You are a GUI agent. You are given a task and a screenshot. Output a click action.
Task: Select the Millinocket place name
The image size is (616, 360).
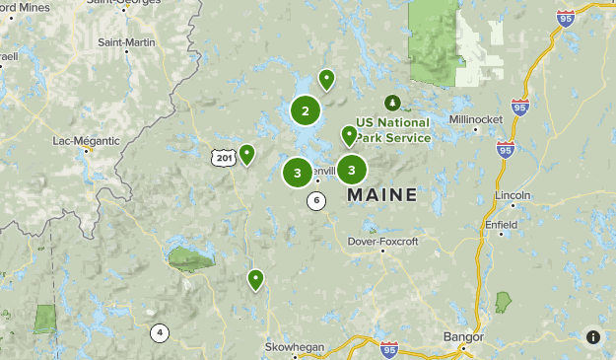(476, 119)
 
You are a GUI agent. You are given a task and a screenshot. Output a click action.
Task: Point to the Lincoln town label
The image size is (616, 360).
(513, 193)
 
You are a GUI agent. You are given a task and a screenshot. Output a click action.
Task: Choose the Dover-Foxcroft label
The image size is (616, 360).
(383, 242)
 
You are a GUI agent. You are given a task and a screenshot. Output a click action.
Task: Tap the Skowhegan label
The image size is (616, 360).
(295, 347)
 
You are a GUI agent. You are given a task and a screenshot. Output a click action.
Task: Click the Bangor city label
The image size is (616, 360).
(463, 336)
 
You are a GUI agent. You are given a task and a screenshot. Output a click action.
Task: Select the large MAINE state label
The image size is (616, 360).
(382, 195)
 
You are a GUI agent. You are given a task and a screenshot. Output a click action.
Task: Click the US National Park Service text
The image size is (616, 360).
(393, 130)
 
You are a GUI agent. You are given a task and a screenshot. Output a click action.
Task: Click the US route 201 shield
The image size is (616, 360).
(223, 158)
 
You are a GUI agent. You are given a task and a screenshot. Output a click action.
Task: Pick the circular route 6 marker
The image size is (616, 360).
(316, 201)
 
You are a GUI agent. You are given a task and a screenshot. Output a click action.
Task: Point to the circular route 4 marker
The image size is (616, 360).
(160, 332)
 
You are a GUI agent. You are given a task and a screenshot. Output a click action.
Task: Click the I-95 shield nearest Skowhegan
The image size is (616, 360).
(389, 349)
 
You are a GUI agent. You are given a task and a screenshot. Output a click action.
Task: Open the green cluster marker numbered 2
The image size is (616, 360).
(306, 111)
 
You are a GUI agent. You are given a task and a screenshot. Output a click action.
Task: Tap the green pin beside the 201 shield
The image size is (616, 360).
(246, 153)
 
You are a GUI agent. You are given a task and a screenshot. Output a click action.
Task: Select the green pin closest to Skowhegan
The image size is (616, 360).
(256, 279)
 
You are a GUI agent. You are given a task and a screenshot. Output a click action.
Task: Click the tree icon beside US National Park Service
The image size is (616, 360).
(393, 103)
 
